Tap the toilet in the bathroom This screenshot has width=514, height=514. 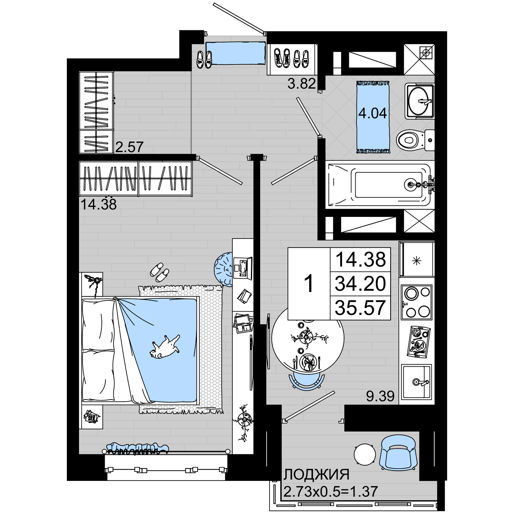[415, 140]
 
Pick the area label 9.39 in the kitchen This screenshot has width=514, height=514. [380, 396]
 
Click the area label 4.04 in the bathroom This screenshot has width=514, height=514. [372, 113]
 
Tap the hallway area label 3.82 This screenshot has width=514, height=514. [302, 84]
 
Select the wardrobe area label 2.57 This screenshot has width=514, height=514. [129, 147]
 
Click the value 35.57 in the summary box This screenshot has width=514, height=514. [360, 308]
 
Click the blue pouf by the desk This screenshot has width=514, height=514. [224, 270]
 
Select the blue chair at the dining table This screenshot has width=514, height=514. [307, 381]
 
